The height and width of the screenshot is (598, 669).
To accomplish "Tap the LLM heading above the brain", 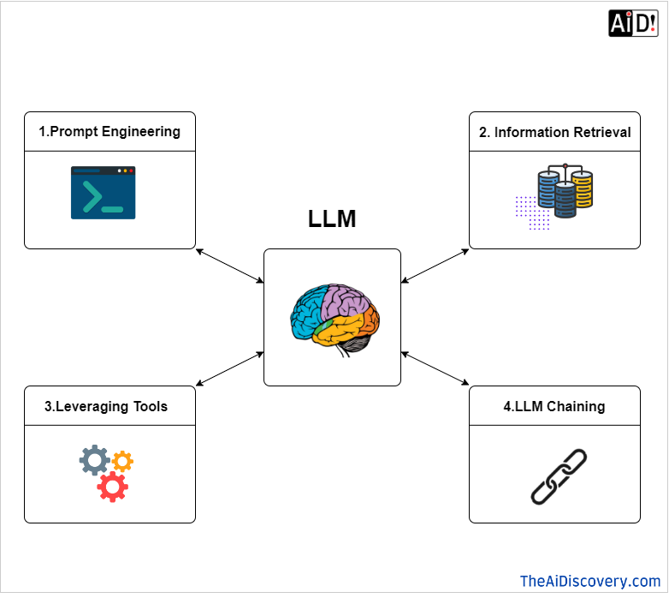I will click(332, 219).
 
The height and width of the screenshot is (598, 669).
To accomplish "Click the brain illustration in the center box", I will click(334, 318).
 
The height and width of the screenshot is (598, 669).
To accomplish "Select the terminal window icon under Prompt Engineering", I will click(103, 193).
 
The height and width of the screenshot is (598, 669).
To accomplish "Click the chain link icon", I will click(559, 475).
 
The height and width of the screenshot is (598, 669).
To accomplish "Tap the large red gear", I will click(112, 486).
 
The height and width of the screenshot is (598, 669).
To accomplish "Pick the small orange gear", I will click(123, 460).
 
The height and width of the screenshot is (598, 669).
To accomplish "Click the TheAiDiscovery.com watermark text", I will click(590, 581).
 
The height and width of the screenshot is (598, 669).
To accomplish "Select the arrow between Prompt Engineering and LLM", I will click(230, 266).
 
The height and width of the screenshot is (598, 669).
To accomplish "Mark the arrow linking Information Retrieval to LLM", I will click(435, 266).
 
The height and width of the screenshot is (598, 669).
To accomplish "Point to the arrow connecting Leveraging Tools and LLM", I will click(230, 368).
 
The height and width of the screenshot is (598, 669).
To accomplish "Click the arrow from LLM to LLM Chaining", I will click(435, 368).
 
